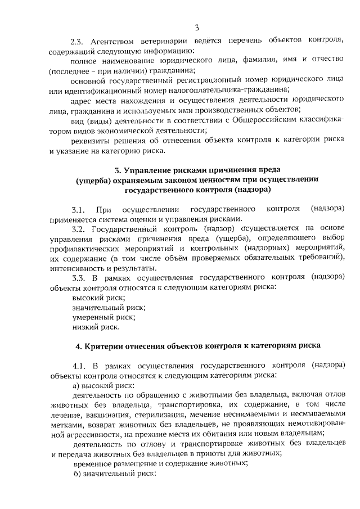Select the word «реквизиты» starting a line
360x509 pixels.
[92, 141]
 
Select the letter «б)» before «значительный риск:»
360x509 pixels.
[78, 473]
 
